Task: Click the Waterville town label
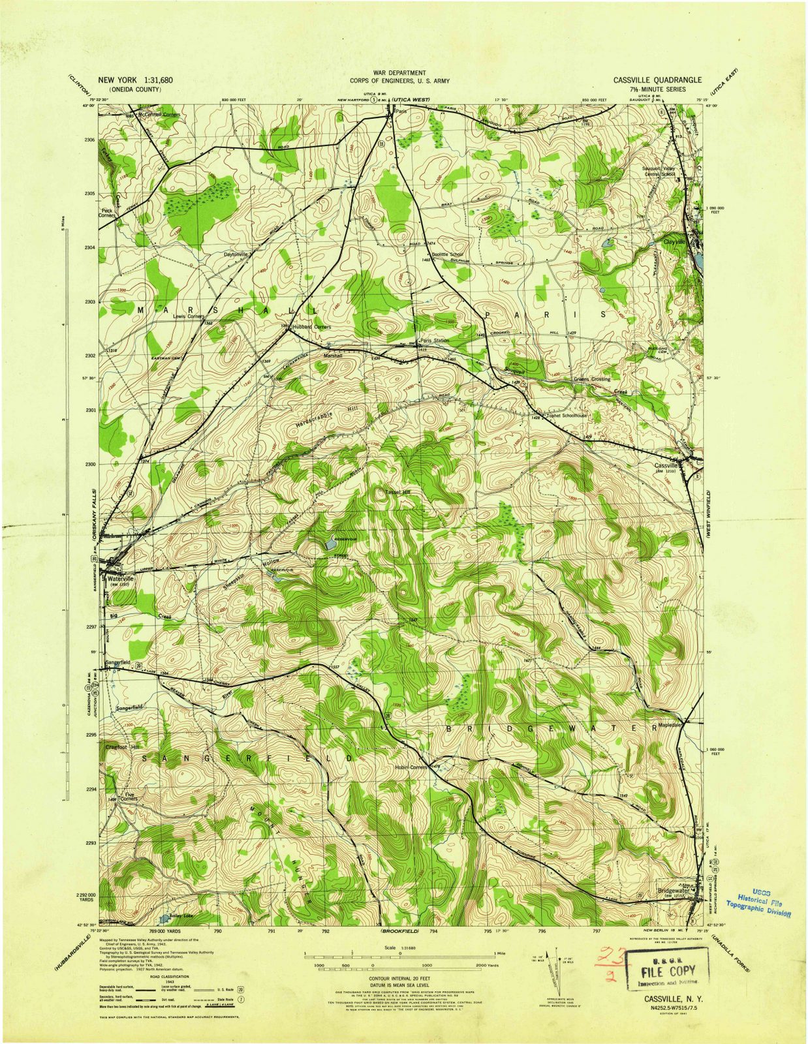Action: point(120,578)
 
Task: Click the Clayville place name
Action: point(676,241)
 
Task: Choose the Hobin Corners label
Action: point(411,767)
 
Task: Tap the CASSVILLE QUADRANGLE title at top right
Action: point(657,80)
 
